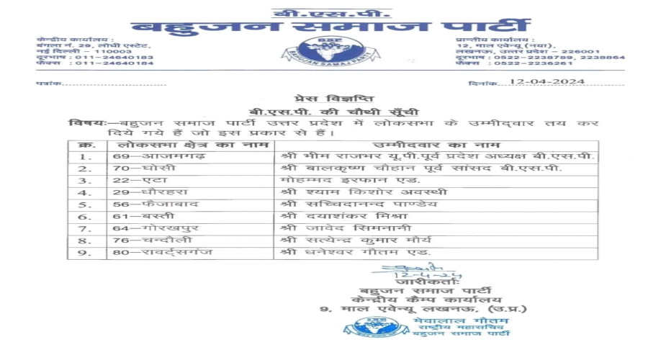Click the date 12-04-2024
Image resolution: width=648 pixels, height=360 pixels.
point(546,82)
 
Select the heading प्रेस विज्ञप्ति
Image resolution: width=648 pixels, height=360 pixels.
point(324,99)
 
